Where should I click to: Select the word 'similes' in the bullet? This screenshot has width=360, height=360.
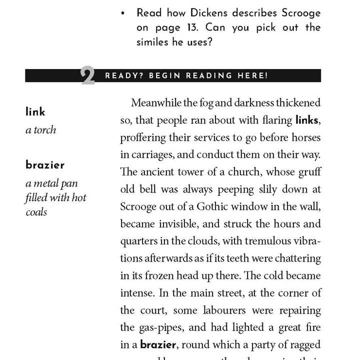click(x=151, y=42)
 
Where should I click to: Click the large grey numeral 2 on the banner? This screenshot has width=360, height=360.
click(x=87, y=76)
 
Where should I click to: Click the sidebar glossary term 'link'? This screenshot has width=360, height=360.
click(x=35, y=111)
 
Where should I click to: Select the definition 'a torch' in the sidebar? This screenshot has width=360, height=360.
click(x=40, y=130)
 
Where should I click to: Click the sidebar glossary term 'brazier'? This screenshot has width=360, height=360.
click(x=45, y=164)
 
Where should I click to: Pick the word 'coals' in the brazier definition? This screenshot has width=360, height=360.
click(x=36, y=212)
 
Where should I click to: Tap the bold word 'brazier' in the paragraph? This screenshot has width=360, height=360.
click(x=158, y=345)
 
